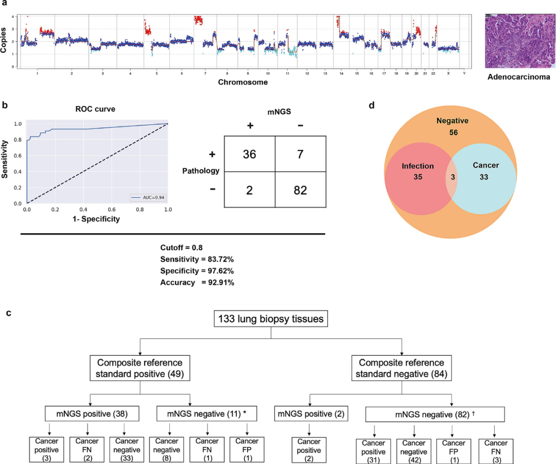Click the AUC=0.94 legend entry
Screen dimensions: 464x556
click(x=148, y=197)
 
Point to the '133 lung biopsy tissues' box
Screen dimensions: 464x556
click(x=271, y=319)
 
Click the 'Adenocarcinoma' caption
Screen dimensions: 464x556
click(x=520, y=78)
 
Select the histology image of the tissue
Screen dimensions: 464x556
click(x=520, y=41)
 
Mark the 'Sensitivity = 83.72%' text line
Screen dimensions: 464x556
click(x=197, y=259)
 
